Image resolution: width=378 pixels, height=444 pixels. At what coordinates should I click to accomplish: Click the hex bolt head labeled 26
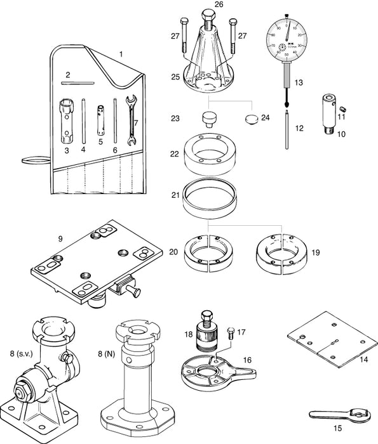point(208,15)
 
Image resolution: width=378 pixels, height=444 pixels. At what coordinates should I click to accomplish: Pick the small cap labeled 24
point(252,119)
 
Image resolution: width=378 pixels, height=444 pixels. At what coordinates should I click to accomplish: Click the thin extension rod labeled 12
point(288,131)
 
